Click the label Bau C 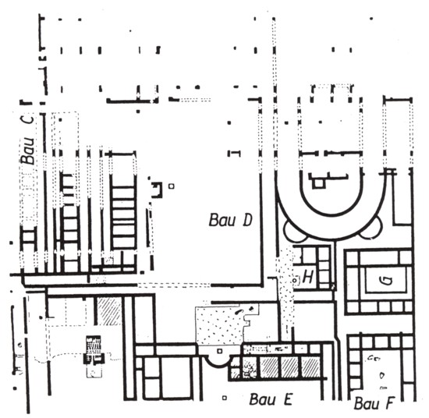pos(28,140)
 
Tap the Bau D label pos(230,221)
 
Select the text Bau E pos(271,399)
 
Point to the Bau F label pos(374,403)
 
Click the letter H pos(308,278)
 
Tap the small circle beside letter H pos(295,281)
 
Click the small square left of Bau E pos(225,398)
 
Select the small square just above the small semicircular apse pos(219,351)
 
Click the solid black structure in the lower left pos(94,349)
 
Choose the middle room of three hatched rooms pos(291,367)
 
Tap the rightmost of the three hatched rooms pos(310,367)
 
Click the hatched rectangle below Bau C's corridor pos(109,311)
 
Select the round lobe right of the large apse pos(372,231)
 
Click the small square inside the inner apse pos(318,182)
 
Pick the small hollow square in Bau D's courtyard pos(172,186)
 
